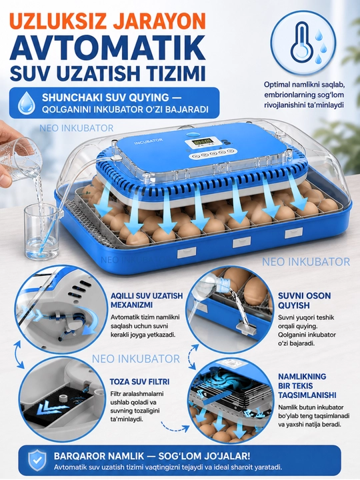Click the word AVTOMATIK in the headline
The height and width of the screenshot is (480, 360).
107,49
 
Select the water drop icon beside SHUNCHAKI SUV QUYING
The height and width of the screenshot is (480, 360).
26,103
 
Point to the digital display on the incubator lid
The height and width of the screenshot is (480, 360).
201,143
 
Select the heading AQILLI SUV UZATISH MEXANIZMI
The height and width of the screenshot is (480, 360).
147,300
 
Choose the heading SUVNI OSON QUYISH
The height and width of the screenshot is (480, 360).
304,301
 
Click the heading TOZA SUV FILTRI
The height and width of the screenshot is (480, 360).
139,382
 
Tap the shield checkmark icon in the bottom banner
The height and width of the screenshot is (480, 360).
37,460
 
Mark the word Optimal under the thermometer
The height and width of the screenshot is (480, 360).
277,85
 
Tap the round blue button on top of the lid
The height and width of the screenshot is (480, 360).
193,134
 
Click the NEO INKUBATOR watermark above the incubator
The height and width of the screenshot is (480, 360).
76,127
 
